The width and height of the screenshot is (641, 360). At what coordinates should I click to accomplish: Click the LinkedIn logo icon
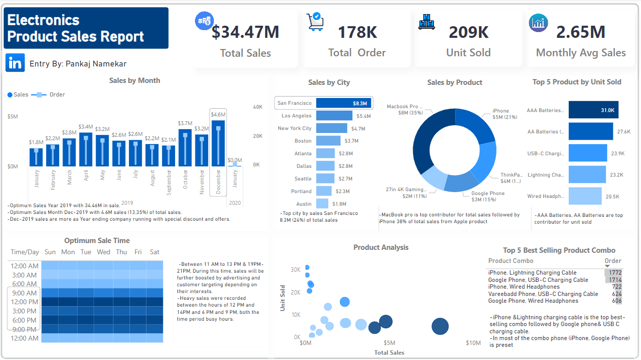pyautogui.click(x=16, y=63)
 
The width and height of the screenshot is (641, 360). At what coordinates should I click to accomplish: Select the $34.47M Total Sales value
pyautogui.click(x=245, y=32)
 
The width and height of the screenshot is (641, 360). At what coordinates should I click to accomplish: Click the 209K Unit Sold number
pyautogui.click(x=468, y=32)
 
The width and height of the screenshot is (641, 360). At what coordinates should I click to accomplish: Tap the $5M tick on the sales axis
pyautogui.click(x=13, y=116)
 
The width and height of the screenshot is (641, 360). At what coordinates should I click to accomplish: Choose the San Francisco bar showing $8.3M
pyautogui.click(x=344, y=103)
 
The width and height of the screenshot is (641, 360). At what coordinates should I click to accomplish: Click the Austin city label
pyautogui.click(x=304, y=204)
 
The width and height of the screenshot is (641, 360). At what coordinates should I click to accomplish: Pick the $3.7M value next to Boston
pyautogui.click(x=352, y=141)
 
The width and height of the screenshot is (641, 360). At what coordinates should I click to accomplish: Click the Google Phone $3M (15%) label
pyautogui.click(x=488, y=196)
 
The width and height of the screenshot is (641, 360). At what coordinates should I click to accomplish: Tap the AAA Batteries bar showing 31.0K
pyautogui.click(x=593, y=110)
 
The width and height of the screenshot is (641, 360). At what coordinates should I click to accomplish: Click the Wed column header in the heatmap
pyautogui.click(x=103, y=252)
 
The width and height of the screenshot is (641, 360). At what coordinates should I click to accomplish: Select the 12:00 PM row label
pyautogui.click(x=24, y=302)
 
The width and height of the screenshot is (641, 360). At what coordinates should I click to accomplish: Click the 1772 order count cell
pyautogui.click(x=615, y=273)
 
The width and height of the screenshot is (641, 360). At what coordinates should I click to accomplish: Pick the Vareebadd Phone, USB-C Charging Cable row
pyautogui.click(x=543, y=294)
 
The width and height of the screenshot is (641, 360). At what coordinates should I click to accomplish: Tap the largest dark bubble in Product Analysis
pyautogui.click(x=440, y=327)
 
